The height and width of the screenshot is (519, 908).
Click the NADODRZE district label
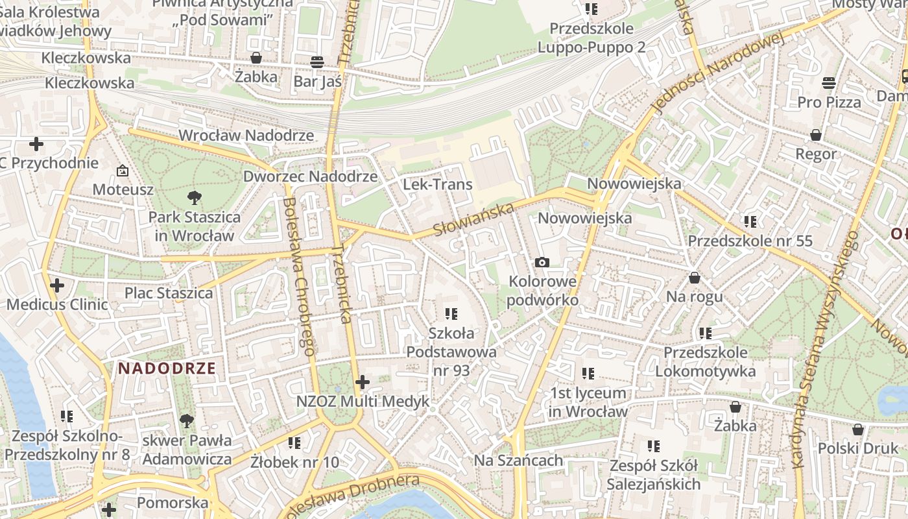pyautogui.click(x=167, y=369)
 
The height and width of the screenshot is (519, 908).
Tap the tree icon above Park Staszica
pyautogui.click(x=193, y=198)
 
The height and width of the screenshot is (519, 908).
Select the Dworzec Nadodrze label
pyautogui.click(x=310, y=176)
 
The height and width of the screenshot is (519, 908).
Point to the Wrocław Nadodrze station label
pyautogui.click(x=246, y=136)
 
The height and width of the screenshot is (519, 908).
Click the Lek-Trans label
pyautogui.click(x=438, y=184)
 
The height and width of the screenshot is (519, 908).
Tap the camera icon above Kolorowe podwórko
pyautogui.click(x=542, y=262)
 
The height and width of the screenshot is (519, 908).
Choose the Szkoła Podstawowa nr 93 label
pyautogui.click(x=451, y=352)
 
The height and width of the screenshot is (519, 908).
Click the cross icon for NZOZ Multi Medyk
pyautogui.click(x=363, y=382)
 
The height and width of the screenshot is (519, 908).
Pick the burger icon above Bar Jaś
pyautogui.click(x=317, y=62)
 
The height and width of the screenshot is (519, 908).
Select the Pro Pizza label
pyautogui.click(x=829, y=103)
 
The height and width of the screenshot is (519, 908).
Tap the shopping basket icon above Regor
pyautogui.click(x=816, y=135)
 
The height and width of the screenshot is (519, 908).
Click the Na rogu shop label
pyautogui.click(x=694, y=297)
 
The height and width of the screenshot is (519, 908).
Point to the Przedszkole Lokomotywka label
pyautogui.click(x=705, y=362)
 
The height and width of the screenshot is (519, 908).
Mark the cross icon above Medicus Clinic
pyautogui.click(x=57, y=285)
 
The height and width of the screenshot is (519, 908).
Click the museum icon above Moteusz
pyautogui.click(x=122, y=171)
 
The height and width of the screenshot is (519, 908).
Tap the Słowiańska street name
pyautogui.click(x=473, y=219)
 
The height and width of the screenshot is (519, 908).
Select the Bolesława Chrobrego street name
pyautogui.click(x=299, y=276)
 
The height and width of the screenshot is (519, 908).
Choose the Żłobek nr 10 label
pyautogui.click(x=294, y=462)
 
